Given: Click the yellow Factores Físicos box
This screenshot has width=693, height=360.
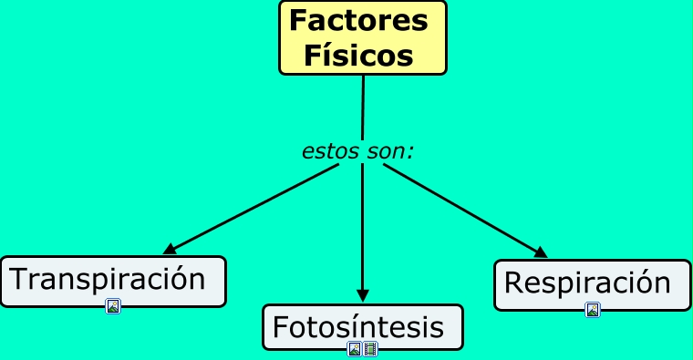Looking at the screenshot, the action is point(363,37).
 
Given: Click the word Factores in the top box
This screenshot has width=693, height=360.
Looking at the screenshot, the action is point(359,20).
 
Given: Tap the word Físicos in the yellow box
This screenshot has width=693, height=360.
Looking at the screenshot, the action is point(359,56).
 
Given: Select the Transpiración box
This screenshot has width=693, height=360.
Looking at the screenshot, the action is point(113,282).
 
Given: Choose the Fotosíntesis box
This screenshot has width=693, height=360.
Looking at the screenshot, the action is point(363,327).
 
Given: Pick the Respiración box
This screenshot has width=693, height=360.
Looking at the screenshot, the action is point(593,285).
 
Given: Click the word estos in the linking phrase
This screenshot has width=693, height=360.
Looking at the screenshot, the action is point(331,151).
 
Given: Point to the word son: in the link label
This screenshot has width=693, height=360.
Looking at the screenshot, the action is point(390,151).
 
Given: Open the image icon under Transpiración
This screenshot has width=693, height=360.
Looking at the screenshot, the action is point(113,306).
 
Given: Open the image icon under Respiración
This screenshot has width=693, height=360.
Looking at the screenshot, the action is point(593,310).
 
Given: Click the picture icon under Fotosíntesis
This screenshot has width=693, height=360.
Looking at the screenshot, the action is point(355,349).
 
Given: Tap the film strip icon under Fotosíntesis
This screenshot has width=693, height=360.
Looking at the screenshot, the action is point(370,349).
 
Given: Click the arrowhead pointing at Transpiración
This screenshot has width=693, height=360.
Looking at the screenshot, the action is point(170,249).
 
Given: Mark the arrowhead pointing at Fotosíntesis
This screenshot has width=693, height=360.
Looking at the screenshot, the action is point(363,296).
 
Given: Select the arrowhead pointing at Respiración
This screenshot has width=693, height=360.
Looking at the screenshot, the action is point(541,252).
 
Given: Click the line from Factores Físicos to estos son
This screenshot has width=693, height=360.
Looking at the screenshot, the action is point(363,108).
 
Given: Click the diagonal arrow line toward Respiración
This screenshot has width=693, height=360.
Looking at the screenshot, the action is point(465,211).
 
